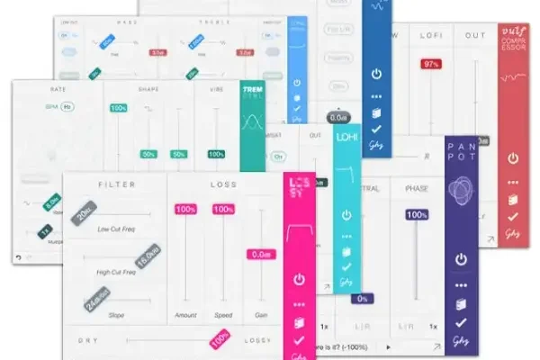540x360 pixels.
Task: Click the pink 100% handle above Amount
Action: pyautogui.click(x=185, y=210)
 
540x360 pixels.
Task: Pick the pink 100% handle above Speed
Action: pyautogui.click(x=222, y=210)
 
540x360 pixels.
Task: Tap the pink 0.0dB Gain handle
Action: pyautogui.click(x=260, y=255)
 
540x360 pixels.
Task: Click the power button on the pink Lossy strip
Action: pyautogui.click(x=299, y=280)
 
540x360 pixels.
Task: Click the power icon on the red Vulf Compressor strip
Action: pyautogui.click(x=513, y=158)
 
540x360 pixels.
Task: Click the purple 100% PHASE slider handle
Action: pyautogui.click(x=416, y=215)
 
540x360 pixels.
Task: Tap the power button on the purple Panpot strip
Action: pyautogui.click(x=461, y=259)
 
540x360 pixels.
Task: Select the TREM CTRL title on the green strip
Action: pyautogui.click(x=251, y=94)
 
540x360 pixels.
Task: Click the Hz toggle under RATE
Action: pyautogui.click(x=67, y=106)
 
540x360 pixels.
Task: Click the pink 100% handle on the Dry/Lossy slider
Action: pyautogui.click(x=219, y=340)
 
